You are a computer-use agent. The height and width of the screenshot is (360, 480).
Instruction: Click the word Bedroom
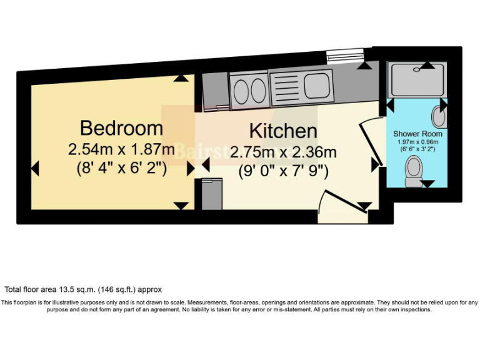point(121,128)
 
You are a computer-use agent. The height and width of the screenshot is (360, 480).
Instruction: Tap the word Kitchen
point(283,131)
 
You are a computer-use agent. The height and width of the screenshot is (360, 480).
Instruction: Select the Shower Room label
point(417,134)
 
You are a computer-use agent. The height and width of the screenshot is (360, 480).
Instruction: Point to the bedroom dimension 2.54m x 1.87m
point(121,149)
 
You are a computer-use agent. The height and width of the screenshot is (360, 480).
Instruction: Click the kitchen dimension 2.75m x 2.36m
point(283,152)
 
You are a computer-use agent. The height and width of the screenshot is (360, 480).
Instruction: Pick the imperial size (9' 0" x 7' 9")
point(283,171)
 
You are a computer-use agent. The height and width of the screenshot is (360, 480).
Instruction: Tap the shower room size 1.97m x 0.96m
point(417,142)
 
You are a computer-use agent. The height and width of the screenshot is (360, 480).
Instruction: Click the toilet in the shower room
point(413,171)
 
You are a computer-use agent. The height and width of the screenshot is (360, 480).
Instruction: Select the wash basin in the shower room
point(439,116)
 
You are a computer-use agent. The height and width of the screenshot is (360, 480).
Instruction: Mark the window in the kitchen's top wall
point(343,57)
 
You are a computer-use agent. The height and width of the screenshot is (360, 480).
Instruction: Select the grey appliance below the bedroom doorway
point(212,194)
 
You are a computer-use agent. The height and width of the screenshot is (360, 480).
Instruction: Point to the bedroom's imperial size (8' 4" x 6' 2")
point(121,168)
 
